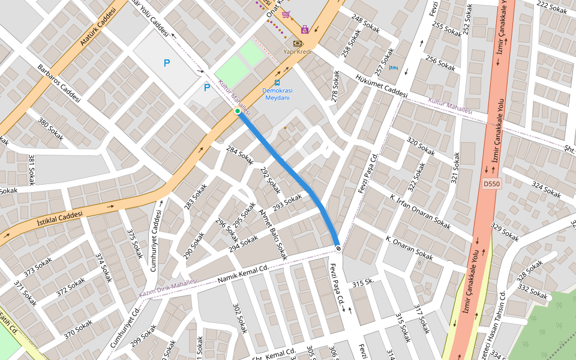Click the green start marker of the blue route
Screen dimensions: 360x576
[238, 111]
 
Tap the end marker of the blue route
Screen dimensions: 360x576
[338, 248]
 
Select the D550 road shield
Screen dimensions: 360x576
[491, 184]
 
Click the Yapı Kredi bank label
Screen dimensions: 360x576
[298, 52]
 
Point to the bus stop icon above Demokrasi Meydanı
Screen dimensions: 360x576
[277, 83]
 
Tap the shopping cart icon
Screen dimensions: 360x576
[286, 14]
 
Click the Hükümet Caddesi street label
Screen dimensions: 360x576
[381, 86]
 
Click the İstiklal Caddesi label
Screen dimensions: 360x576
[59, 215]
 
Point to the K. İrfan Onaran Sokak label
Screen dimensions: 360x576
[420, 211]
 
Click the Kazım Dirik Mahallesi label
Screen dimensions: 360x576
[168, 288]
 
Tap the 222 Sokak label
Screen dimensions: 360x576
[551, 8]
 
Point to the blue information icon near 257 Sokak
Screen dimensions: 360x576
[394, 68]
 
